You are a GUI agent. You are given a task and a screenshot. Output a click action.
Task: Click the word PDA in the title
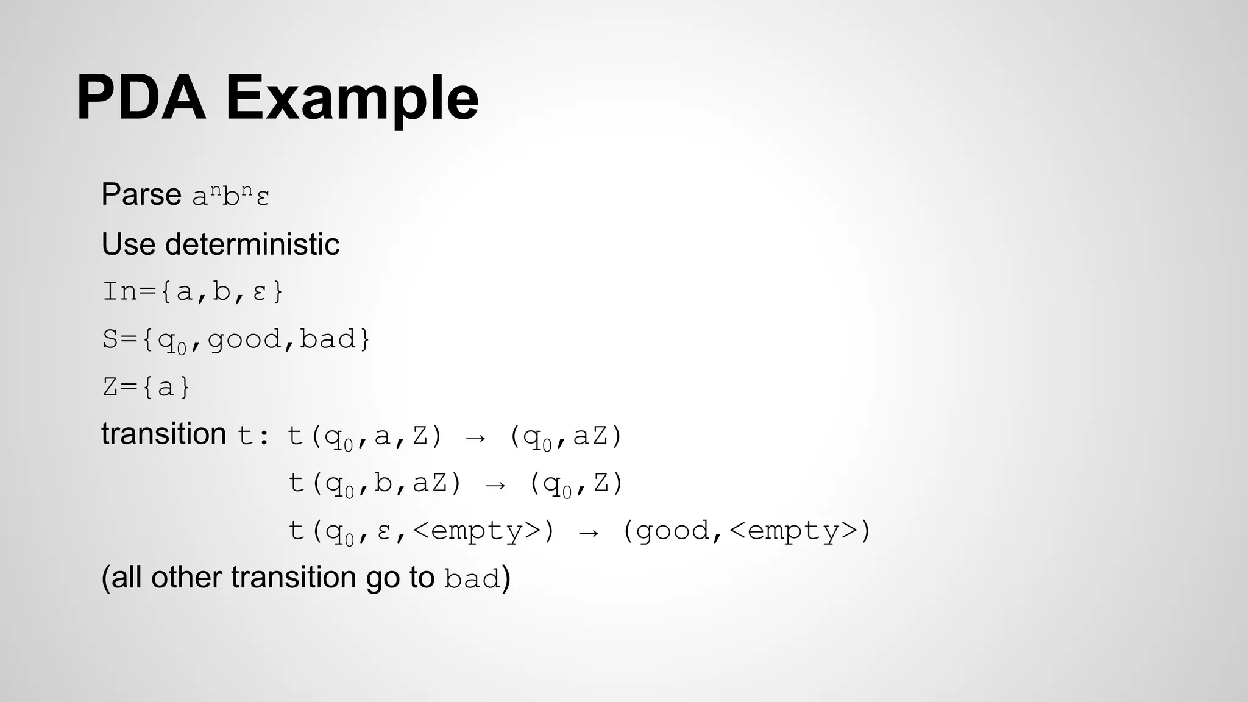point(141,98)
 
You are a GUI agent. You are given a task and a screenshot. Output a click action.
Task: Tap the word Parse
point(141,195)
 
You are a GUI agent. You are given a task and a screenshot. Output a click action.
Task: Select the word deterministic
point(252,244)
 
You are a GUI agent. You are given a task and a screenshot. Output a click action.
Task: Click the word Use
point(128,244)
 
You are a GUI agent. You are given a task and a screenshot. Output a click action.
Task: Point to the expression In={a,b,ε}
point(193,291)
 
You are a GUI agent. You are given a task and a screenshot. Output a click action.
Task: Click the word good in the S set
point(245,339)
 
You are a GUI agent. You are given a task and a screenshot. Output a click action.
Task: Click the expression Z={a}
point(146,387)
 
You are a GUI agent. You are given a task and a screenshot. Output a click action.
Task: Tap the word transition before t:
point(164,434)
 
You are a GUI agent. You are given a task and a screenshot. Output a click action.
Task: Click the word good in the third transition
point(673,531)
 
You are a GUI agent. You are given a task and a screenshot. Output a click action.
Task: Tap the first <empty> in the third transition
point(477,531)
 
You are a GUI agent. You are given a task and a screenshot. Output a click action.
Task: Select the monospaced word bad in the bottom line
point(472,579)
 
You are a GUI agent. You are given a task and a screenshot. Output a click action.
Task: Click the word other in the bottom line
point(186,578)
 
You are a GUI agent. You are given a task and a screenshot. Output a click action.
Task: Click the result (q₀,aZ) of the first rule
point(565,437)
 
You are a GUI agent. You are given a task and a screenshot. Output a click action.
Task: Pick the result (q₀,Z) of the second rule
point(576,484)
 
